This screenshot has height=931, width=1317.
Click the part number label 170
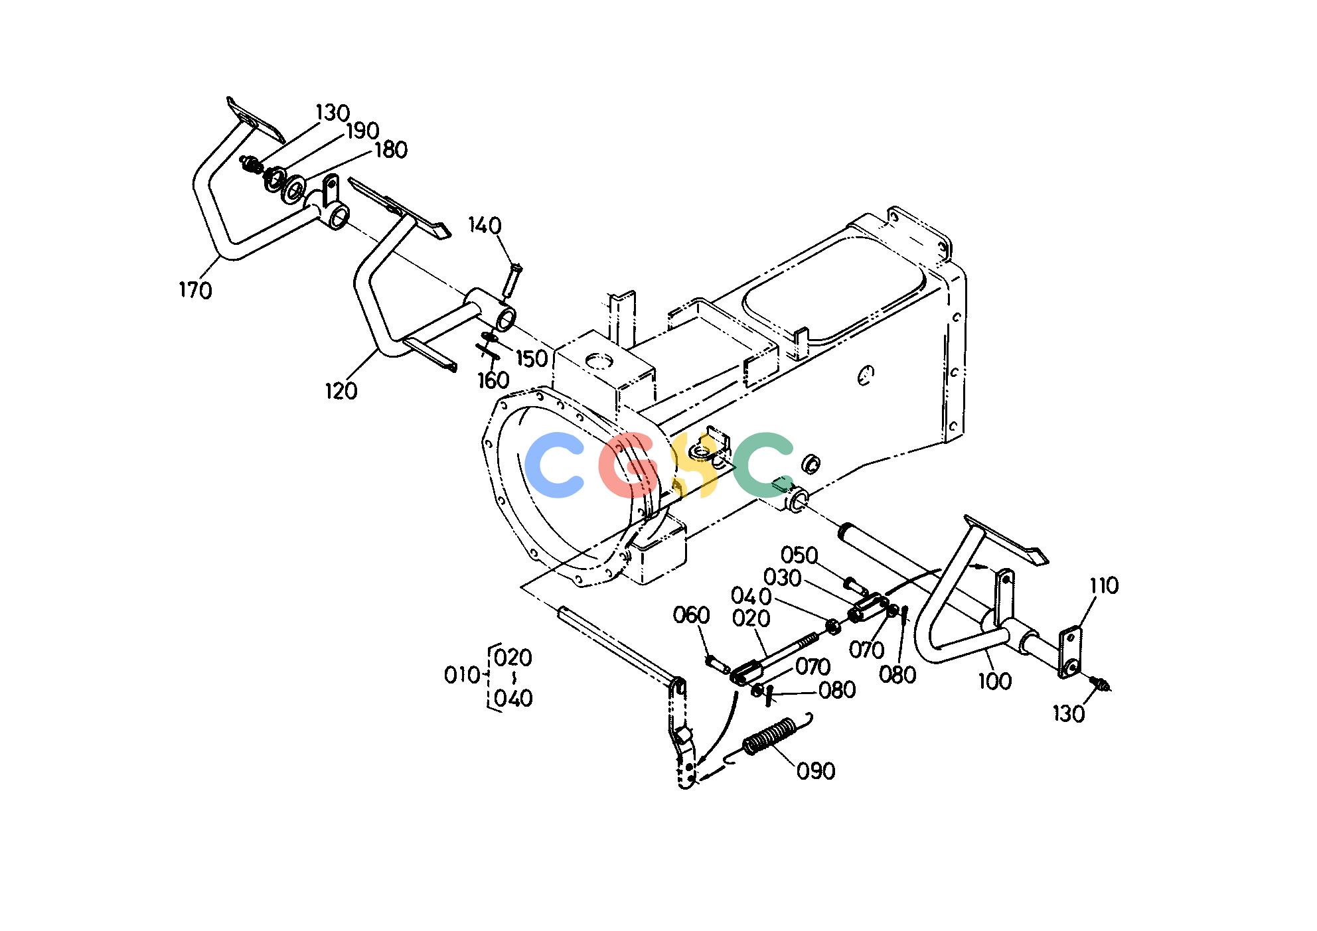pos(195,290)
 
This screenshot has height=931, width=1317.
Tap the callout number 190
pos(362,131)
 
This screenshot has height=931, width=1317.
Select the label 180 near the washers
pos(390,150)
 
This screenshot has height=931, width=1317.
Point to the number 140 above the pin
pos(485,226)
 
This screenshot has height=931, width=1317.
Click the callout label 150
pos(532,358)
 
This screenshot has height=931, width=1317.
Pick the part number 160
pos(493,381)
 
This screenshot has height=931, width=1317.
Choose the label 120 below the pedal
pos(341,391)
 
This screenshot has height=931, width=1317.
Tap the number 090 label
pos(816,771)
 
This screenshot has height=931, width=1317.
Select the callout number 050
pos(799,555)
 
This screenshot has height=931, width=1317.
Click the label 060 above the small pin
pos(692,615)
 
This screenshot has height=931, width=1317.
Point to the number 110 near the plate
pos(1104,585)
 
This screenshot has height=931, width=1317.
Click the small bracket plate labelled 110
pos(1070,654)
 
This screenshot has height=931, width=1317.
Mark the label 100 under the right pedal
pos(995,681)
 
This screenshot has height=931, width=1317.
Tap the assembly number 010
pos(461,676)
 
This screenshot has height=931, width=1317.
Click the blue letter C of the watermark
pos(555,465)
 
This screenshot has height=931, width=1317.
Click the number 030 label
pos(783,578)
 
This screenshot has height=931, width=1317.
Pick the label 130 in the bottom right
pos(1069,714)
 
